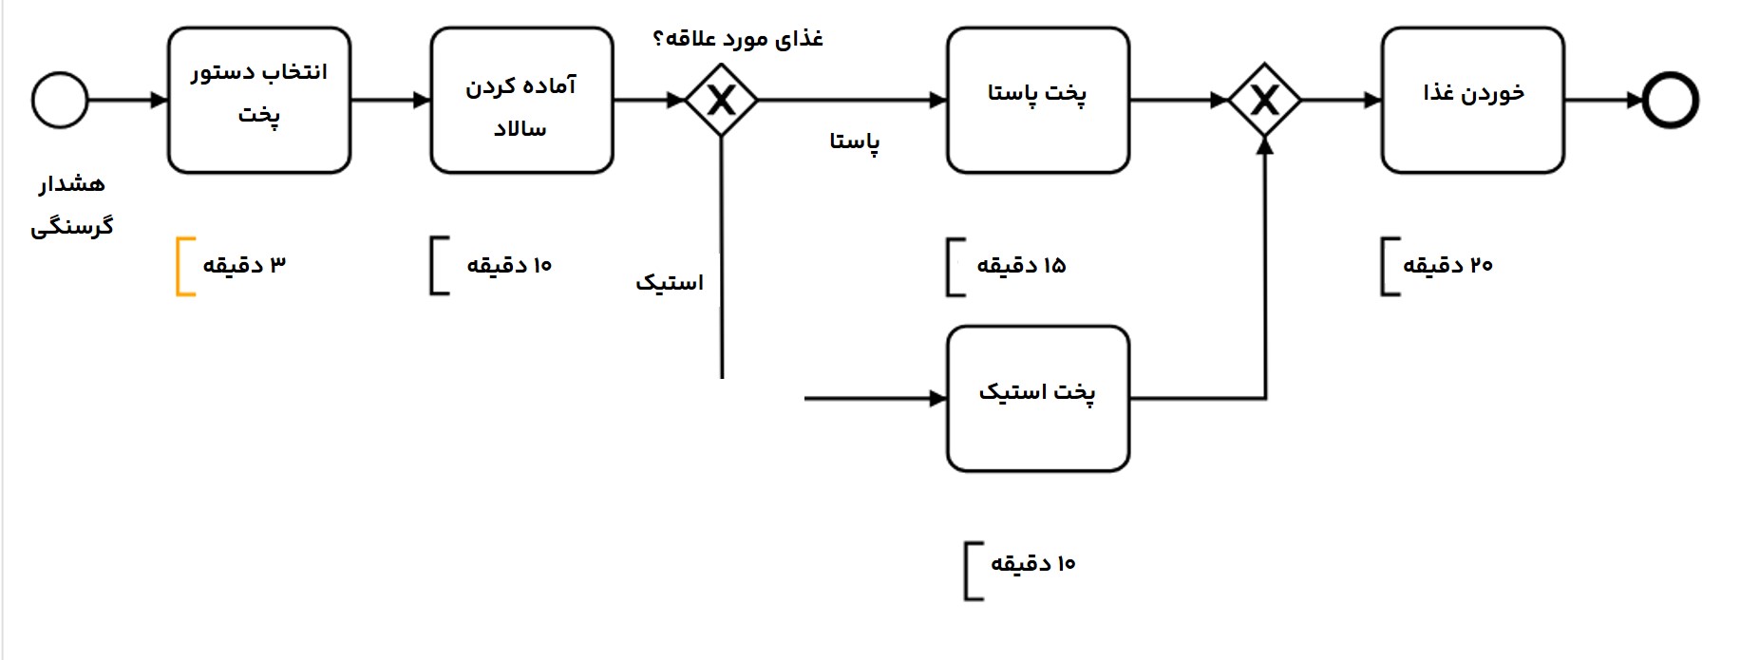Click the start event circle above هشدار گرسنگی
point(60,100)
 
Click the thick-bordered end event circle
point(1670,100)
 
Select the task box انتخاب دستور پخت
point(259,100)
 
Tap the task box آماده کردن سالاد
point(521,100)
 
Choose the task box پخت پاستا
point(1038,100)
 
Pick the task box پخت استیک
point(1038,398)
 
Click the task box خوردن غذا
point(1472,100)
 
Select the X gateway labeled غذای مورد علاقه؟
point(722,100)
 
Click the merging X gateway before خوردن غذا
point(1264,100)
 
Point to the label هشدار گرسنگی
point(72,205)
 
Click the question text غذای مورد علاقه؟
point(738,39)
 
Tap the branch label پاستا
point(855,142)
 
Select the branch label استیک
point(670,283)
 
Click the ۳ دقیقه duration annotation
point(244,265)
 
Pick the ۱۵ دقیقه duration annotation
point(1021,266)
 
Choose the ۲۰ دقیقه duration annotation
point(1447,266)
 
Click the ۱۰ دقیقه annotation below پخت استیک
point(1032,564)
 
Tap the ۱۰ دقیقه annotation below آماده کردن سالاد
point(509,266)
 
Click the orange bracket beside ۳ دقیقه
point(183,267)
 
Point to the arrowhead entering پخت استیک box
point(938,399)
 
